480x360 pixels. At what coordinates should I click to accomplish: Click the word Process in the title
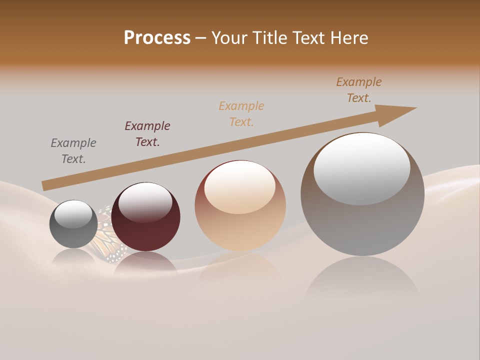[x=157, y=38]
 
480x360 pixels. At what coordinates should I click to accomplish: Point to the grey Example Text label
[x=73, y=151]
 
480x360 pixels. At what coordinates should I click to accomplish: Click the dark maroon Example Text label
[x=147, y=134]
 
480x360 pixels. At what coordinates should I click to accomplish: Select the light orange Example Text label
[x=241, y=113]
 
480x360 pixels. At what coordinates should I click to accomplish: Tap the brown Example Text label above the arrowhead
[x=359, y=90]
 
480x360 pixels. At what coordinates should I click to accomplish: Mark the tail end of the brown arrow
[x=45, y=185]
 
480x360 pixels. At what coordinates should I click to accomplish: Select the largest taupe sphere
[x=362, y=225]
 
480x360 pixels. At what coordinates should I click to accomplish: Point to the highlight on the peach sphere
[x=240, y=186]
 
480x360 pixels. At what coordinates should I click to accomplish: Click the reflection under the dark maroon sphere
[x=145, y=265]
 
